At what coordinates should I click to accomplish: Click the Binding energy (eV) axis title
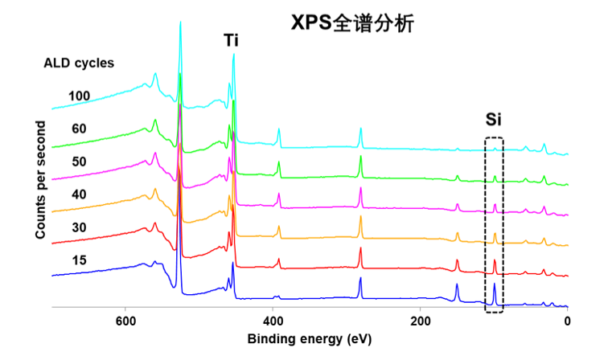pyautogui.click(x=310, y=339)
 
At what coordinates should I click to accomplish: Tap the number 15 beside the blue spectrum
pyautogui.click(x=80, y=260)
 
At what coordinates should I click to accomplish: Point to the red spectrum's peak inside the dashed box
pyautogui.click(x=495, y=260)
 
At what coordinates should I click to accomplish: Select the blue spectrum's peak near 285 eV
pyautogui.click(x=360, y=278)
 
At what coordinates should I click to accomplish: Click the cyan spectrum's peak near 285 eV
pyautogui.click(x=360, y=128)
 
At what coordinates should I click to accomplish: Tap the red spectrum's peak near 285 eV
pyautogui.click(x=360, y=250)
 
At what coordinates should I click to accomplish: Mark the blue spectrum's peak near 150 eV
pyautogui.click(x=457, y=285)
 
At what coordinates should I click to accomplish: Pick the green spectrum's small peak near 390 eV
pyautogui.click(x=279, y=162)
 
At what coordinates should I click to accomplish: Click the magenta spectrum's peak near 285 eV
pyautogui.click(x=360, y=188)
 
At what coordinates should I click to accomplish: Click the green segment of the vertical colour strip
pyautogui.click(x=428, y=178)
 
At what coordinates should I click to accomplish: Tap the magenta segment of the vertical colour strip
pyautogui.click(x=428, y=207)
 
